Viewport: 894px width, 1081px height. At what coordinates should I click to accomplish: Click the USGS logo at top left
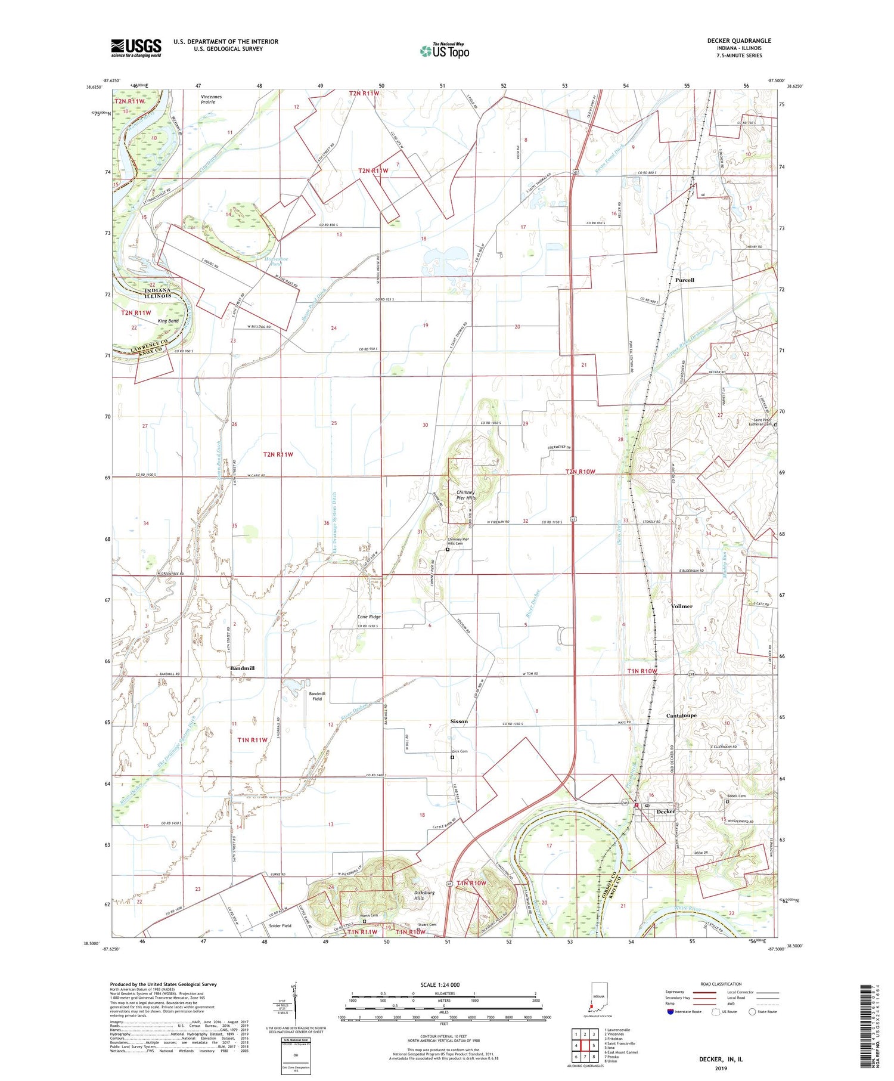click(136, 48)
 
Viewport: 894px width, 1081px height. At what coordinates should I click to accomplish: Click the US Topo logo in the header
click(445, 51)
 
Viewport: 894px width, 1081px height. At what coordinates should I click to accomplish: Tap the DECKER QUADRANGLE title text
click(738, 41)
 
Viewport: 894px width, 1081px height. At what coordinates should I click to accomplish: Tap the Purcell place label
click(684, 280)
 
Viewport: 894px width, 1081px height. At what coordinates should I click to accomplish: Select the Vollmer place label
click(681, 606)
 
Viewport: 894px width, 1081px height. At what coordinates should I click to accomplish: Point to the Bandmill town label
click(242, 668)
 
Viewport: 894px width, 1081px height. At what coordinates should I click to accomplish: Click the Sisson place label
click(458, 721)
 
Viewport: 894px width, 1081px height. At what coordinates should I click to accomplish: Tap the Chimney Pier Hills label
click(465, 495)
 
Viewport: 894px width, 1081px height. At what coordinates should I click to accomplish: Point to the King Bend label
click(168, 321)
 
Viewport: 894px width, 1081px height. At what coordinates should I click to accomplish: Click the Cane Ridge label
click(368, 617)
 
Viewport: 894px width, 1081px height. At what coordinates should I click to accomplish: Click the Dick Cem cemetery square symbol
click(452, 757)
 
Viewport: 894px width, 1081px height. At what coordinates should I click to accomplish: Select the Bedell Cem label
click(736, 795)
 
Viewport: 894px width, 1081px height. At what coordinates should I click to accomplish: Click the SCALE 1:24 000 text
click(440, 984)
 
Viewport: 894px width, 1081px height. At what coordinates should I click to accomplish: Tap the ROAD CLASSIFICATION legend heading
click(721, 984)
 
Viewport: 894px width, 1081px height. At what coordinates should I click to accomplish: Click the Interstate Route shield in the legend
click(670, 1012)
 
